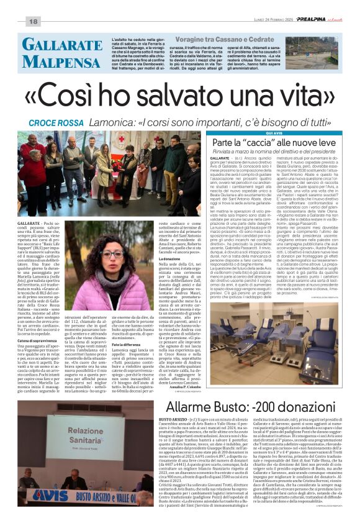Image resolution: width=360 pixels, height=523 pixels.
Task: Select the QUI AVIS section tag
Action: (257, 134)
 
